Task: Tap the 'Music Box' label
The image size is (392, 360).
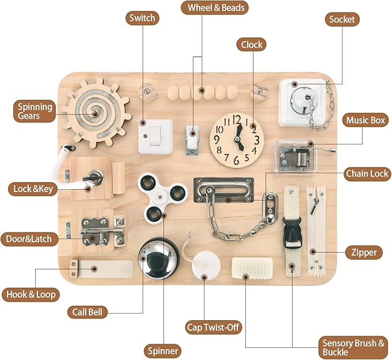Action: click(365, 120)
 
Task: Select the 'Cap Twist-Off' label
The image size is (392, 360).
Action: click(213, 327)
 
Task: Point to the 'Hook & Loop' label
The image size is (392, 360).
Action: click(31, 294)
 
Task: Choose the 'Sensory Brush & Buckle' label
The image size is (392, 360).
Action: click(353, 347)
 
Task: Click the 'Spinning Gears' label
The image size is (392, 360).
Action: click(35, 111)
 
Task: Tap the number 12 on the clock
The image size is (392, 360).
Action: click(236, 119)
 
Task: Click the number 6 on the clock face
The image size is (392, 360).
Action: click(236, 160)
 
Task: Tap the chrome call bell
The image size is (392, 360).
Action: click(159, 258)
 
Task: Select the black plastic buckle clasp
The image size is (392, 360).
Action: click(292, 232)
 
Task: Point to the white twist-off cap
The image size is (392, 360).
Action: click(206, 265)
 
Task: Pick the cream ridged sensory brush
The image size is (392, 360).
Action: click(252, 268)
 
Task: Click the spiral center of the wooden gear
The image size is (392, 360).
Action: click(95, 114)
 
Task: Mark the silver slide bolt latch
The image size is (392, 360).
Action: click(103, 231)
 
